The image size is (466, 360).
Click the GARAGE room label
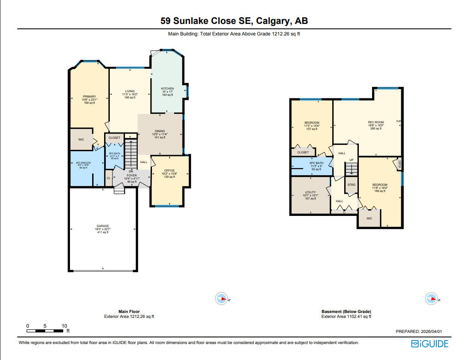point(103,226)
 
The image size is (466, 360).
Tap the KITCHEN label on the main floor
point(167,89)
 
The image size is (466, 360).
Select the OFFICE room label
point(169,171)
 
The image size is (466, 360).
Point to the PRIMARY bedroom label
point(89,96)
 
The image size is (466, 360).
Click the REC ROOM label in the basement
point(376,122)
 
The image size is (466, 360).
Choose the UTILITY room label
point(310,192)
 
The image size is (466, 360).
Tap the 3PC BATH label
point(316,163)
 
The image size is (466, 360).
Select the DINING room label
point(160,131)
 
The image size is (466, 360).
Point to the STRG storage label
point(351,184)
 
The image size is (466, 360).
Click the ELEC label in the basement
point(400,164)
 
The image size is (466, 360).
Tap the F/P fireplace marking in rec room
point(398,121)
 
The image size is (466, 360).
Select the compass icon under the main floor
point(221,298)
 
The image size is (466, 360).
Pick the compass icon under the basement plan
point(431,298)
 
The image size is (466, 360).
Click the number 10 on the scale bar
point(64,326)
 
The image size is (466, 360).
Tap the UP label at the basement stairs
point(351,160)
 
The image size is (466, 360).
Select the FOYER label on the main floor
point(131,175)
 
